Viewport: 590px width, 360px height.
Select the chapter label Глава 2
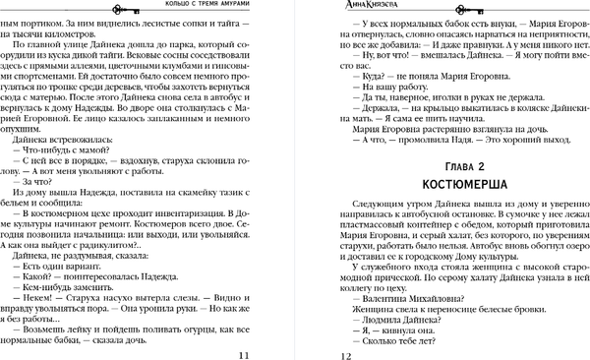tap(458, 164)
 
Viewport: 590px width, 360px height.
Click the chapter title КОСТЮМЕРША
tap(458, 184)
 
